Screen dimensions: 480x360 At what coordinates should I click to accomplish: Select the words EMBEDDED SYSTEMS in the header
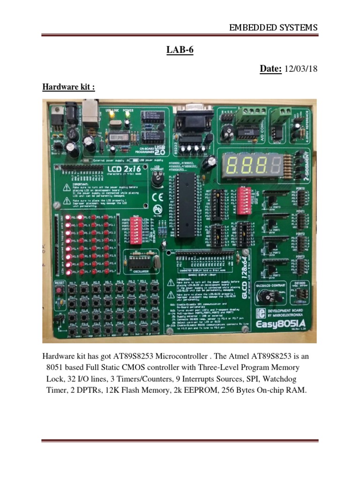(x=273, y=28)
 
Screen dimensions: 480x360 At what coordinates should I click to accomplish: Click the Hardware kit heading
(x=68, y=87)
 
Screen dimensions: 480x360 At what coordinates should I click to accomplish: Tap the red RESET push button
(x=59, y=290)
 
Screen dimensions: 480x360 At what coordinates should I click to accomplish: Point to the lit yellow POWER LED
(x=128, y=123)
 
